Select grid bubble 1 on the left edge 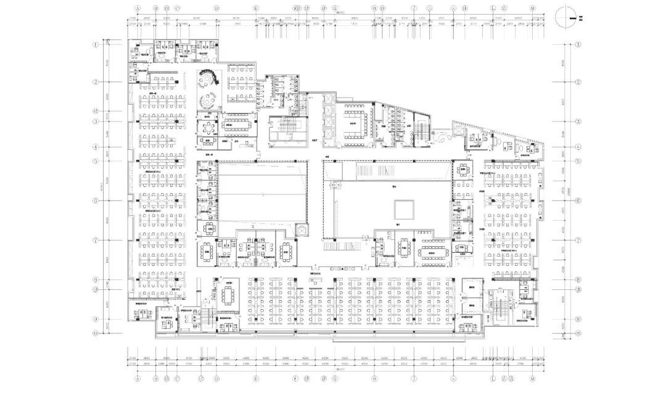96,44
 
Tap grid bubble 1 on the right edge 578,45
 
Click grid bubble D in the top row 217,9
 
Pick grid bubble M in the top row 532,9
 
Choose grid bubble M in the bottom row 532,378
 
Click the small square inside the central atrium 405,207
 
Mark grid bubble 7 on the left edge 96,240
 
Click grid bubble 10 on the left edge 96,334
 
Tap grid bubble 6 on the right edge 578,200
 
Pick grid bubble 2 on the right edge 578,82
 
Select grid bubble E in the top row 256,9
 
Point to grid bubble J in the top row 414,9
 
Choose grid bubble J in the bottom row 414,378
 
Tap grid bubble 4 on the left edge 96,147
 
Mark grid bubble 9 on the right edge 578,320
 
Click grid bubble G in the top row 335,9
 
